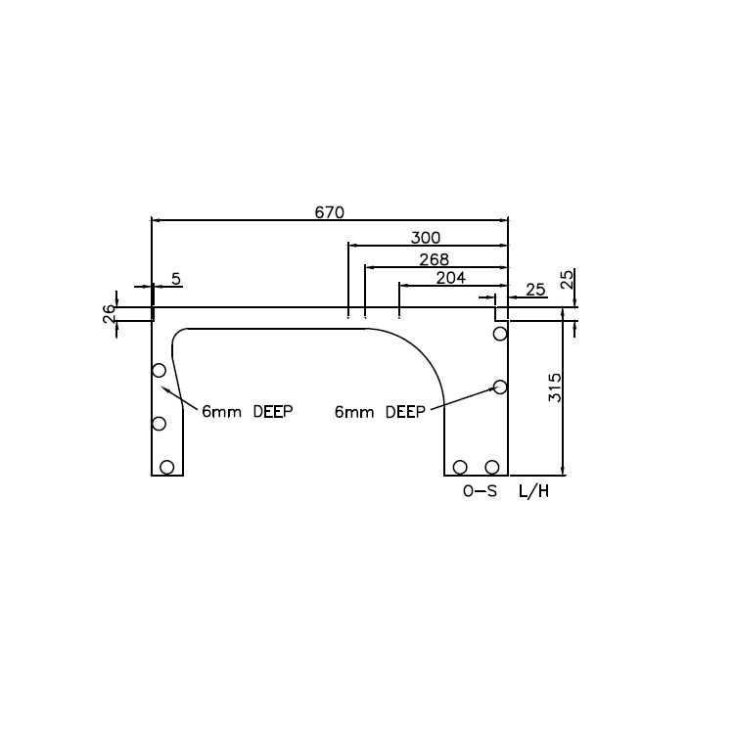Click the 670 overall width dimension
point(329,212)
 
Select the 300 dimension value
point(425,238)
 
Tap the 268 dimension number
point(433,259)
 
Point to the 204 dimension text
point(450,278)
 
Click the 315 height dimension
point(555,387)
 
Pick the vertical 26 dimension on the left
point(109,313)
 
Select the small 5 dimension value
point(176,279)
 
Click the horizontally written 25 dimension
point(535,290)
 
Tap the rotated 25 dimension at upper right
point(568,281)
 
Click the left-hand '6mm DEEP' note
point(248,411)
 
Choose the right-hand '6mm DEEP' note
point(380,413)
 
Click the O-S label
point(480,492)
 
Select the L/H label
point(533,492)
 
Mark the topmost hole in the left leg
point(159,370)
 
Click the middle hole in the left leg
point(159,424)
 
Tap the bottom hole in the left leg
point(167,467)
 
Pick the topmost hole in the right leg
point(500,334)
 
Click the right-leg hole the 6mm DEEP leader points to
point(500,387)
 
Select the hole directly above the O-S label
point(460,467)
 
